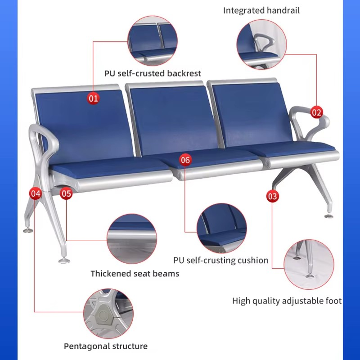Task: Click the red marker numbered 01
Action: coord(93,98)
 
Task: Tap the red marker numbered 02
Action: coord(316,112)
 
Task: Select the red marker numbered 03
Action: coord(272,196)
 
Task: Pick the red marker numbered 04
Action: coord(36,193)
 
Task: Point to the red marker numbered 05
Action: coord(66,193)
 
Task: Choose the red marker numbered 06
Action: coord(185,160)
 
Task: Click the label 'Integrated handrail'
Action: coord(261,10)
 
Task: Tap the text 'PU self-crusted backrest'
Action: coord(153,73)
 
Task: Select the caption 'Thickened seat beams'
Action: coord(135,274)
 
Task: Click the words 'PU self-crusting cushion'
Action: coord(220,261)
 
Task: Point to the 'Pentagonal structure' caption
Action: coord(106,346)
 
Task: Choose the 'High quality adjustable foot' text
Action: coord(287,301)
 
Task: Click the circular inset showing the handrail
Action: coord(261,44)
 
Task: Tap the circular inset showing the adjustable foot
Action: coord(309,264)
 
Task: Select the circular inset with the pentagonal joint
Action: coord(108,314)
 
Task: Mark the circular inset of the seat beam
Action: coord(132,239)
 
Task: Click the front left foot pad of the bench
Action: coord(64,260)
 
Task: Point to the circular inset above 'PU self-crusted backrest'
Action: coord(153,41)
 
